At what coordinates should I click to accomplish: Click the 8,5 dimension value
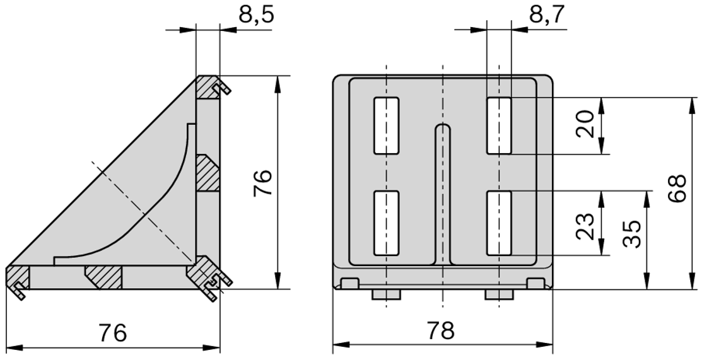pos(255,14)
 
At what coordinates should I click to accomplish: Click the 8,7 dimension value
pos(547,14)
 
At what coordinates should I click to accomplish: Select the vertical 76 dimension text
pos(263,183)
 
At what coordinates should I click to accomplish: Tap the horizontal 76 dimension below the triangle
pos(112,332)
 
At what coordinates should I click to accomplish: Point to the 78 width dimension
pos(440,330)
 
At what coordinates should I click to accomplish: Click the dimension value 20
pos(585,125)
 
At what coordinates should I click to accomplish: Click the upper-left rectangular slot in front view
pos(386,125)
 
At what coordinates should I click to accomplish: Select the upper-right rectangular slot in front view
pos(499,125)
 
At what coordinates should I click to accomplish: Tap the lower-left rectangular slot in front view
pos(386,223)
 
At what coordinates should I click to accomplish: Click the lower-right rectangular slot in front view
pos(499,223)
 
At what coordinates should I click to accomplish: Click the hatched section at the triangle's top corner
pos(208,88)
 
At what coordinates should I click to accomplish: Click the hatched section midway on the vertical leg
pos(208,173)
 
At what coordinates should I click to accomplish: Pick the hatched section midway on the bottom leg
pos(103,276)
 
